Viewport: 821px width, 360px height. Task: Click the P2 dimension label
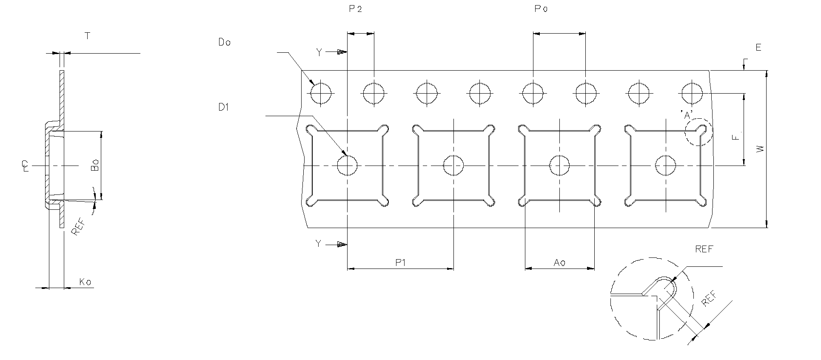click(x=355, y=9)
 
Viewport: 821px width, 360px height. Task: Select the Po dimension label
click(x=541, y=9)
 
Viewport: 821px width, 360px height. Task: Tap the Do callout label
click(x=224, y=42)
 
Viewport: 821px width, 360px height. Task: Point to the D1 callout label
click(x=224, y=107)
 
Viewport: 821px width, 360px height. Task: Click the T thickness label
click(x=88, y=36)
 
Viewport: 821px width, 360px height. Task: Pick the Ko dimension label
click(x=86, y=282)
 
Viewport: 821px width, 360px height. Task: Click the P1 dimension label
click(x=400, y=263)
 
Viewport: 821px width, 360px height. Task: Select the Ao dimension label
click(x=559, y=263)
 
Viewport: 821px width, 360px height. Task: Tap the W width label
click(x=760, y=149)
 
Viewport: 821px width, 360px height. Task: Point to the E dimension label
click(x=758, y=48)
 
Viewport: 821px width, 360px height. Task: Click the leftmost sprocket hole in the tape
click(x=321, y=93)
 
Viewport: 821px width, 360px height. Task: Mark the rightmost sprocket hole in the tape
click(x=692, y=93)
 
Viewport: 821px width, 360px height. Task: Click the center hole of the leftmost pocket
click(x=348, y=165)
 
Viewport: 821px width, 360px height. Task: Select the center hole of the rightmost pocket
click(x=666, y=165)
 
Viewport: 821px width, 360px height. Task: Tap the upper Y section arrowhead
click(x=342, y=52)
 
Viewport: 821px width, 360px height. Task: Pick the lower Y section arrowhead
click(x=342, y=244)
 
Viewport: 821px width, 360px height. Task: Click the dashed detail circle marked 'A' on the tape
click(x=698, y=132)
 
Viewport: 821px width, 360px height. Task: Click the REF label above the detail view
click(x=704, y=249)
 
